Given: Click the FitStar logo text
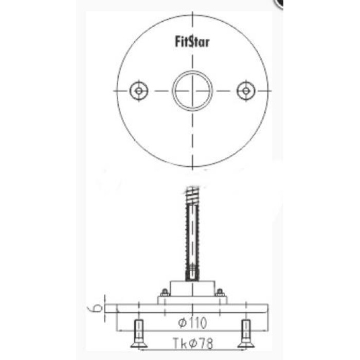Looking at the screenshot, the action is (192, 42).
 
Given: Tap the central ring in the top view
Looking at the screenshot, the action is (192, 71).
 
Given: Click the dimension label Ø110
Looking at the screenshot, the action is (192, 323).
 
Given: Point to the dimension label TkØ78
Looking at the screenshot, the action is (193, 343).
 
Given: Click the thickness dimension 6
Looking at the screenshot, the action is (98, 309).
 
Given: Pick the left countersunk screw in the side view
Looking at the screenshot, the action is (139, 334).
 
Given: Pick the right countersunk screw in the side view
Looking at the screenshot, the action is (246, 334).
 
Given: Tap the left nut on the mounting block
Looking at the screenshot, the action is (165, 292).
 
